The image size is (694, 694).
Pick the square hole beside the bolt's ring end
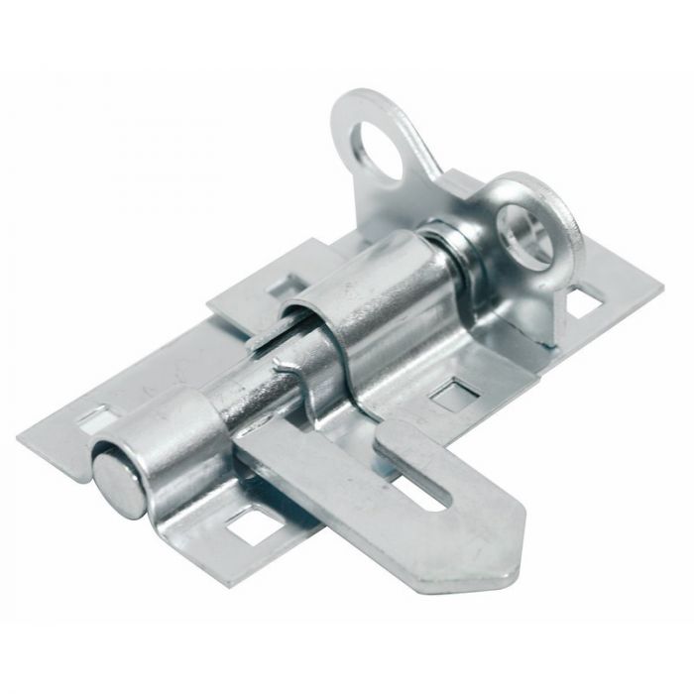coord(586,298)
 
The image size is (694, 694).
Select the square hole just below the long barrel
coord(454,394)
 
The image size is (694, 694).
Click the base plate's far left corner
coord(20,437)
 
